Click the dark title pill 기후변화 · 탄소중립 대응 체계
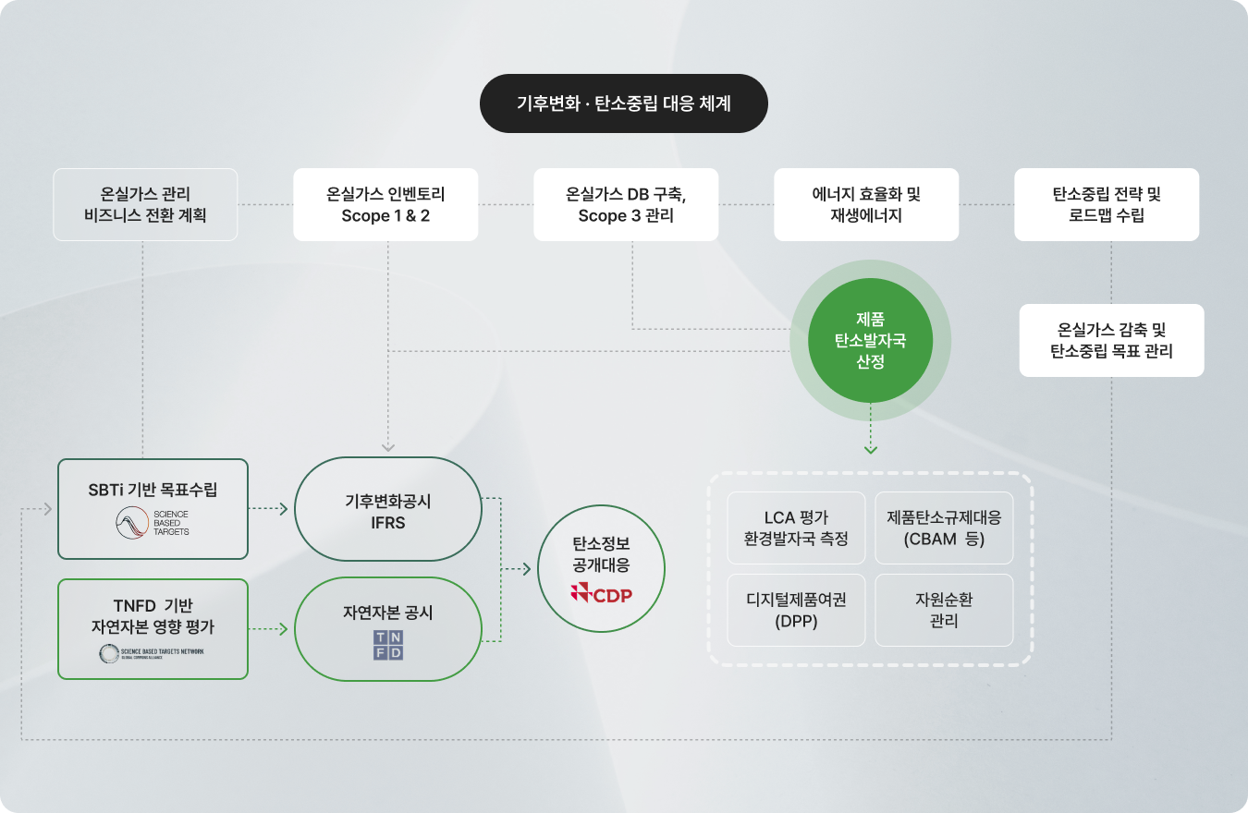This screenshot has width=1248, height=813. point(623,103)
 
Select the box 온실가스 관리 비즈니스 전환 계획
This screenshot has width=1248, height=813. point(145,204)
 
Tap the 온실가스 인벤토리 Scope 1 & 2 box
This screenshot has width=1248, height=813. point(385,204)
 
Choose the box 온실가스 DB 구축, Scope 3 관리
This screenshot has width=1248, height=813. point(626,204)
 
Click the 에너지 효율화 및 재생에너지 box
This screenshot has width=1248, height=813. point(866,204)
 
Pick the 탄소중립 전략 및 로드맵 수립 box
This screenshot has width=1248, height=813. point(1107,204)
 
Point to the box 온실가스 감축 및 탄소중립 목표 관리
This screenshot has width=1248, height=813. point(1111,340)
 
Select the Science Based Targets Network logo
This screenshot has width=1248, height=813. point(152,653)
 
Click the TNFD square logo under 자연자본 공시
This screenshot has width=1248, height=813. point(388,645)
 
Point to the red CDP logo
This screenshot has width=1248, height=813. point(602,594)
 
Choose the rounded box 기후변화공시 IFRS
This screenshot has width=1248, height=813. point(388,509)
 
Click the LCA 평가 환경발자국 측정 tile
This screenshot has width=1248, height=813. point(796,528)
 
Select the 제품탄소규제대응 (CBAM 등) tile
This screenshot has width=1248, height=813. point(944,528)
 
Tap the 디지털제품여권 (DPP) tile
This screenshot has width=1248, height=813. point(796,610)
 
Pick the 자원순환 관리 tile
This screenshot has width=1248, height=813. point(944,610)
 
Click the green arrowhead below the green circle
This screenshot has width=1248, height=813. point(870,450)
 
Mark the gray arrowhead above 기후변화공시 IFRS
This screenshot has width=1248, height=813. point(388,447)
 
